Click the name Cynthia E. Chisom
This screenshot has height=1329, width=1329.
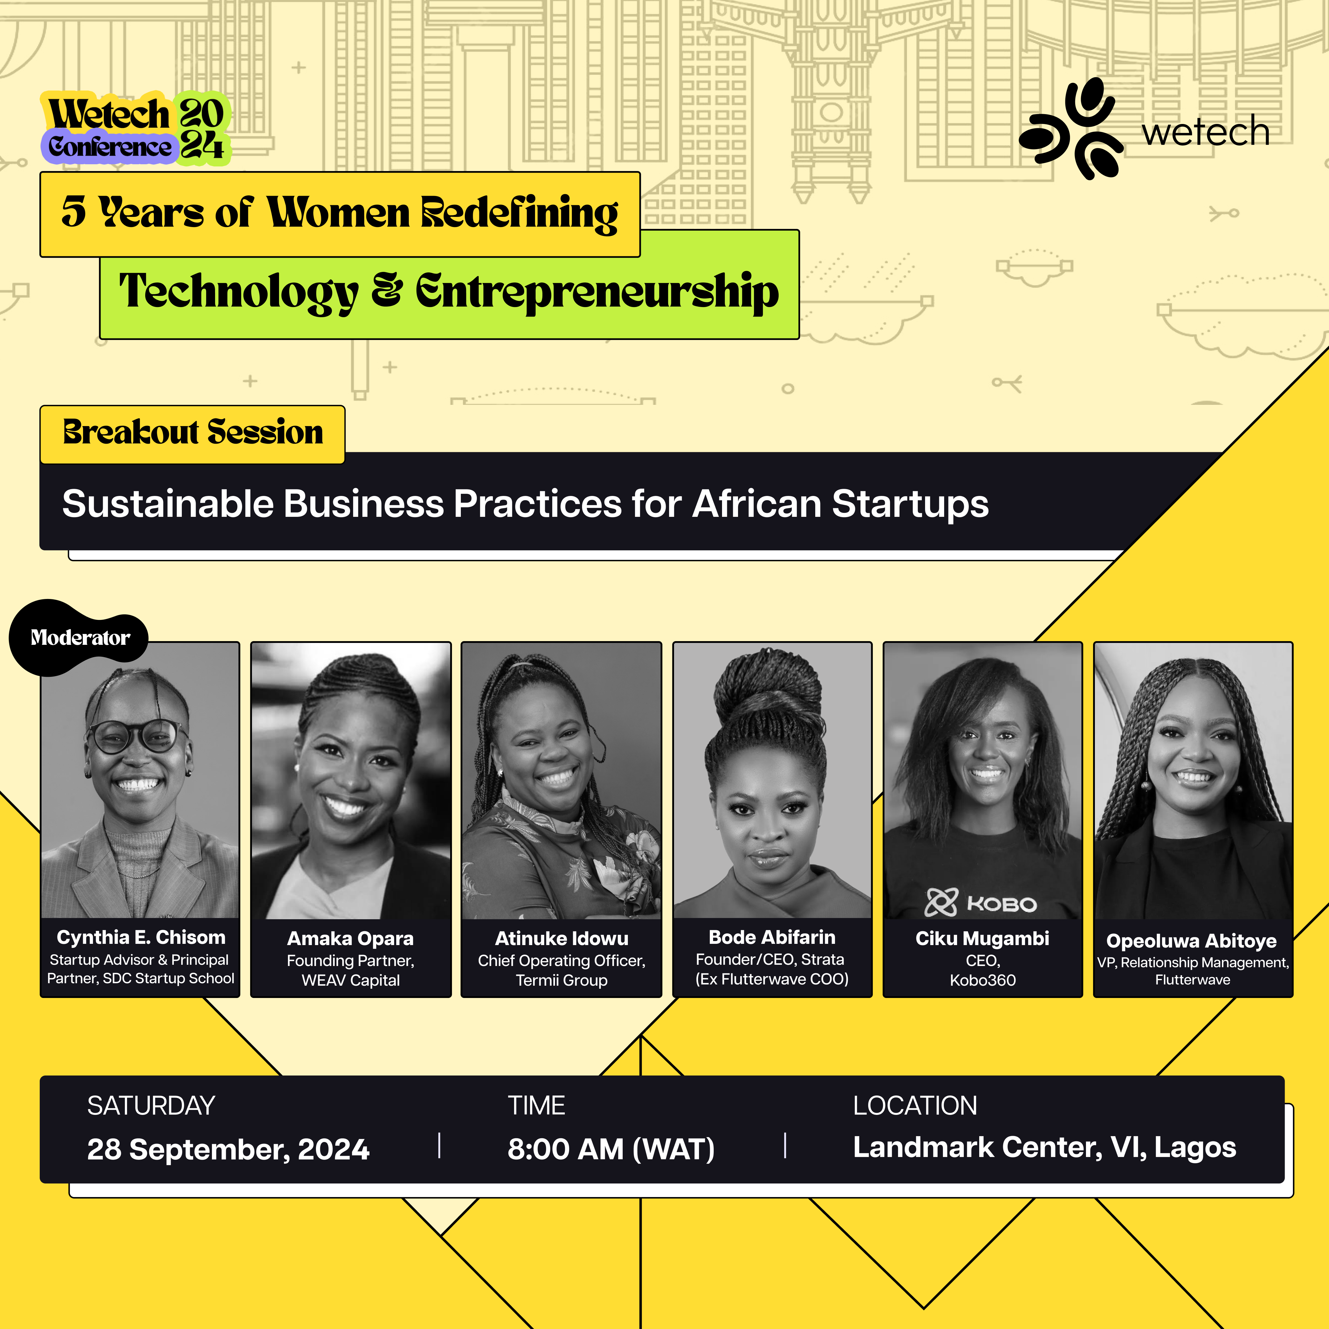coord(141,938)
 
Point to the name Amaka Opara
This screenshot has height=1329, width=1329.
coord(351,939)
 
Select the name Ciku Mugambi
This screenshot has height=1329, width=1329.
coord(982,939)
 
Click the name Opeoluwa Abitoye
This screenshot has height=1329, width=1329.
coord(1191,941)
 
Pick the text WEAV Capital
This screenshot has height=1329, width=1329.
coord(351,980)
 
